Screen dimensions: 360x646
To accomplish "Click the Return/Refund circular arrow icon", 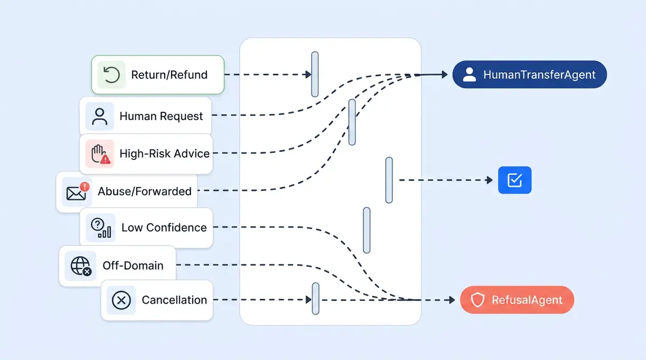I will [111, 75].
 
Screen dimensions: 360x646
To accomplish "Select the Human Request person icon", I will [100, 116].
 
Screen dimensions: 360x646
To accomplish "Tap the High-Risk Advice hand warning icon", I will [100, 153].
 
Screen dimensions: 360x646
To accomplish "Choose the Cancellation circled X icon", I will [121, 300].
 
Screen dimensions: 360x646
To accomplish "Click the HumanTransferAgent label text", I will [539, 75].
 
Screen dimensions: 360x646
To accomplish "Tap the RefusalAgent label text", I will [526, 300].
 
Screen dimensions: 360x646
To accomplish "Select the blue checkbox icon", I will [515, 180].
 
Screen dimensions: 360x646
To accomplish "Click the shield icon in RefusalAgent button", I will [478, 300].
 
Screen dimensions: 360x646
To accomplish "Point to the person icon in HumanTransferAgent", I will [469, 75].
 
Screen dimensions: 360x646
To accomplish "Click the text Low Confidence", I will [164, 228].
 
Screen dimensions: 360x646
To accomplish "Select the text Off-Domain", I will [133, 265].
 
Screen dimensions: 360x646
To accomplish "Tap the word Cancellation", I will [174, 300].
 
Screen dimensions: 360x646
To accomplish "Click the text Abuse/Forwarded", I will [144, 191].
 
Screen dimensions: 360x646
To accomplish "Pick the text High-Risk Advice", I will [164, 153].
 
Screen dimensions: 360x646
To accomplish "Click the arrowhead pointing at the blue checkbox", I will [489, 180].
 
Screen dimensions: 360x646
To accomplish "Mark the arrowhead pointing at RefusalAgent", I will [452, 300].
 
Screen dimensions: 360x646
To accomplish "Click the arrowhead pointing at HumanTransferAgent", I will [444, 75].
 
